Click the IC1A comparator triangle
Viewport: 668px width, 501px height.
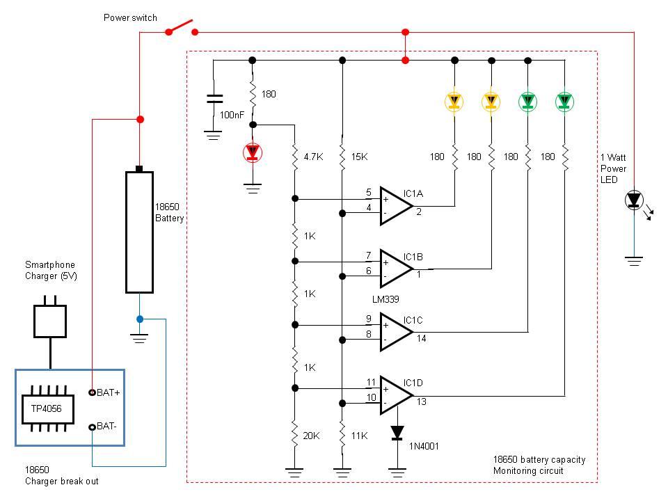point(395,206)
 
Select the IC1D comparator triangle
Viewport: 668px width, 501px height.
point(395,395)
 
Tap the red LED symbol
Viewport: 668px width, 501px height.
point(251,152)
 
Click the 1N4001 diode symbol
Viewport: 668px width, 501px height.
point(397,433)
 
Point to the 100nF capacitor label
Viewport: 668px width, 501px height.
point(232,115)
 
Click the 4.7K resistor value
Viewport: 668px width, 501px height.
point(314,157)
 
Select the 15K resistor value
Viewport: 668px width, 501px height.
point(359,157)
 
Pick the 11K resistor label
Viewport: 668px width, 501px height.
point(359,436)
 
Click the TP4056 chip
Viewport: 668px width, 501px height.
point(42,408)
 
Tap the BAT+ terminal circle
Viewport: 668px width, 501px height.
point(91,392)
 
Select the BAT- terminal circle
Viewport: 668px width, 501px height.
point(91,426)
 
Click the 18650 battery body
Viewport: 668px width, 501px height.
point(139,232)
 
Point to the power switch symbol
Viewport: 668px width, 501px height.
point(180,29)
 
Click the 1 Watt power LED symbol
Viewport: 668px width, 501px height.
point(633,200)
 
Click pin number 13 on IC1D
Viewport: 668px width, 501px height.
point(422,402)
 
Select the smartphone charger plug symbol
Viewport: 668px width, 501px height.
point(50,320)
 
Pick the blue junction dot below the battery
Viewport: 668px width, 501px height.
point(139,319)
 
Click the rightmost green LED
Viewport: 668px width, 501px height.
point(564,102)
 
